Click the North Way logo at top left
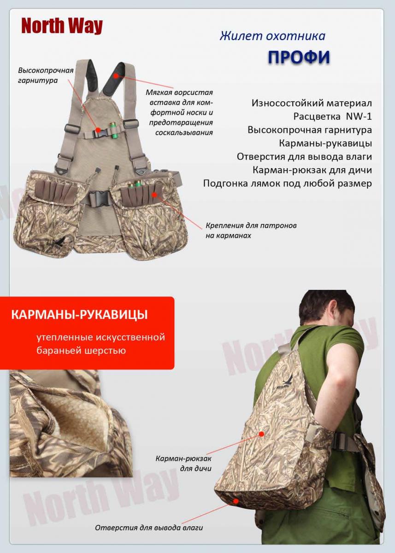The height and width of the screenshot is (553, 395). [x=62, y=26]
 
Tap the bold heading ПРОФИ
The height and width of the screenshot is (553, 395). [x=299, y=57]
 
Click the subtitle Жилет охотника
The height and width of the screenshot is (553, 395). [x=272, y=36]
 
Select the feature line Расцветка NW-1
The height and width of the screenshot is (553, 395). [x=332, y=116]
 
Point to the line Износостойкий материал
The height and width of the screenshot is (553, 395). [x=312, y=103]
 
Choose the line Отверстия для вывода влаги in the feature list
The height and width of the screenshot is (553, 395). [x=304, y=157]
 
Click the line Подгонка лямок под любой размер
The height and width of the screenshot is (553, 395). [x=288, y=183]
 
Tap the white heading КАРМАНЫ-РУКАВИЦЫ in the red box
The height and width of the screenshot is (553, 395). [x=79, y=315]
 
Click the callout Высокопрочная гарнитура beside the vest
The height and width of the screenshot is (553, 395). [x=46, y=75]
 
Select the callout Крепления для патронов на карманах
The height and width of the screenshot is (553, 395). [x=251, y=230]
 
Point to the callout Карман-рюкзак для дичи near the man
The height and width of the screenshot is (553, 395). [x=183, y=463]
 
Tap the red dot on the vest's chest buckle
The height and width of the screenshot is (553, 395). [x=98, y=129]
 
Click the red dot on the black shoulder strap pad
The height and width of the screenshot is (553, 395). [x=116, y=75]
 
